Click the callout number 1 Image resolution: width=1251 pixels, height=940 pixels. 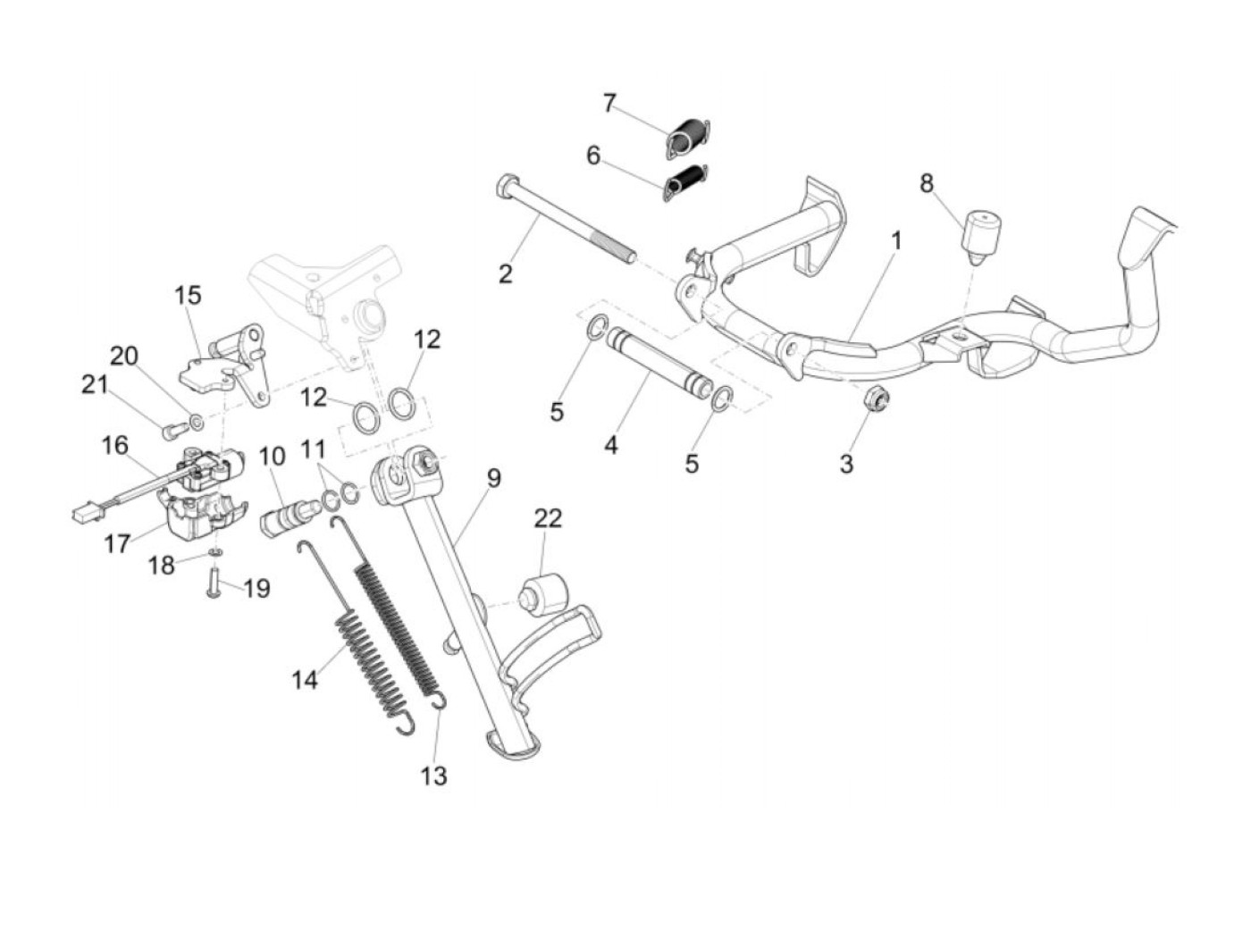[x=896, y=241]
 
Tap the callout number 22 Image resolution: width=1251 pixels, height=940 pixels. [x=549, y=518]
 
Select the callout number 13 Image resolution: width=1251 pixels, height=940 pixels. [x=433, y=776]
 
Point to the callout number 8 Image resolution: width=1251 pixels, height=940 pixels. [x=927, y=183]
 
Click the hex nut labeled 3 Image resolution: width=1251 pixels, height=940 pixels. [x=869, y=421]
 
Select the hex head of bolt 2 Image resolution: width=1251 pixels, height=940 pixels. [x=503, y=188]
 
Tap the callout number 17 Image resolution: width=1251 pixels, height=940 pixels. [x=117, y=541]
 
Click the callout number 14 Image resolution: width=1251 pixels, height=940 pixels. [x=305, y=680]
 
